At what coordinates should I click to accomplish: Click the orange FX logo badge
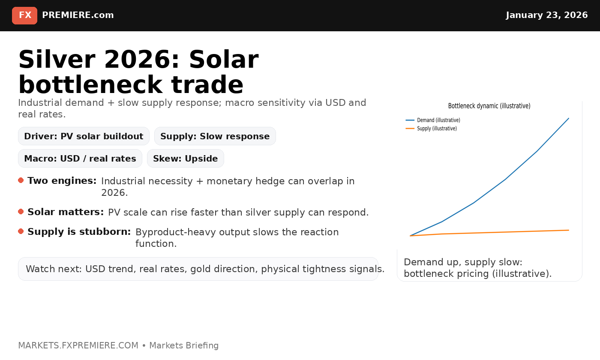point(24,15)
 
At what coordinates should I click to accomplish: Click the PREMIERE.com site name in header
point(78,15)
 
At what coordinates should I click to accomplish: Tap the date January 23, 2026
point(546,15)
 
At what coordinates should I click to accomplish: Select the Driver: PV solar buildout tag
point(84,136)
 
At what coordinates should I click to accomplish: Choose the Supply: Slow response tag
point(215,136)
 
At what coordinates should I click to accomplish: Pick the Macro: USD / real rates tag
point(80,159)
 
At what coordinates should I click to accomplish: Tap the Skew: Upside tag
point(185,159)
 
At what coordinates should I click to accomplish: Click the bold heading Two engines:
point(62,181)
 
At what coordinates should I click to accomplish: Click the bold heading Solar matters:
point(65,212)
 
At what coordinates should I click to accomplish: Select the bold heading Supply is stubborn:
point(79,232)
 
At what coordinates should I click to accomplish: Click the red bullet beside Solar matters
point(21,212)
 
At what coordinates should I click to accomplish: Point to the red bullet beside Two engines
point(21,180)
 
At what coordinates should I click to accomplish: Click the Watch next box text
point(205,269)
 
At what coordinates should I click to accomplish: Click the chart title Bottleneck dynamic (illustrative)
point(489,106)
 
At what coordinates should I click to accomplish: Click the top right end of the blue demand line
point(568,118)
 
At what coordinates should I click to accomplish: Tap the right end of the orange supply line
point(568,230)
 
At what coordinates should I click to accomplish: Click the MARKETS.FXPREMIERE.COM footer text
point(78,345)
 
